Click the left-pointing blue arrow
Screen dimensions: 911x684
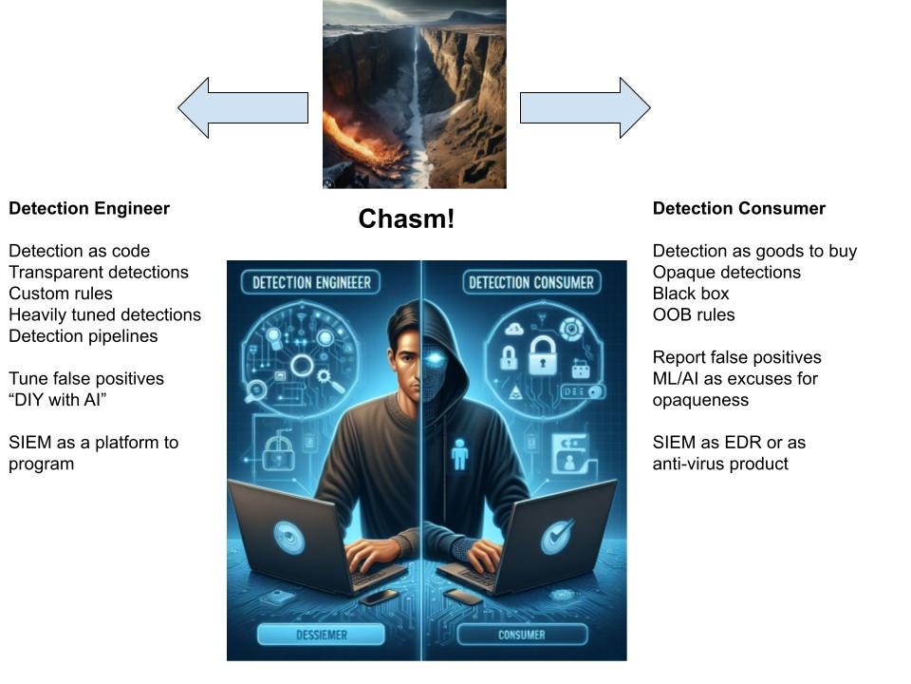pos(243,107)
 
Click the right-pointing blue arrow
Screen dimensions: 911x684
pos(586,107)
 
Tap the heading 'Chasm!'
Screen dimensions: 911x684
pos(406,218)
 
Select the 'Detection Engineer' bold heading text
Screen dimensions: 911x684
pos(89,208)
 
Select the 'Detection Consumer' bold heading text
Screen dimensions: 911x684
pos(739,208)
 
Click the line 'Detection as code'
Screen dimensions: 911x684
pos(79,251)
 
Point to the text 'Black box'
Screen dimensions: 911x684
pos(691,294)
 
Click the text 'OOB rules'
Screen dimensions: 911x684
pos(694,314)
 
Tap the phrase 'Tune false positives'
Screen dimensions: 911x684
pos(86,379)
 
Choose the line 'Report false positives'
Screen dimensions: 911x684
pos(736,357)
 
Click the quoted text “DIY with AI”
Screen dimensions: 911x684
pos(58,400)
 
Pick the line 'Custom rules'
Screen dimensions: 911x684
pos(61,294)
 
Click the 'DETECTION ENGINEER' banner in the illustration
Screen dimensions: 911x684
pos(311,283)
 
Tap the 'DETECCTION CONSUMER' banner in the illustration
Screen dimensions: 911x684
pos(531,283)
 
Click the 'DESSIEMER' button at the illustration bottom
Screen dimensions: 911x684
pos(322,635)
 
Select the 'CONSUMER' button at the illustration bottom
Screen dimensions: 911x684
pos(522,635)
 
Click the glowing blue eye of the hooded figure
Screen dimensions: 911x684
pos(434,360)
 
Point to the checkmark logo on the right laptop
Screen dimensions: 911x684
pos(558,536)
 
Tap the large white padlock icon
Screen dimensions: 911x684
pos(543,356)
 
